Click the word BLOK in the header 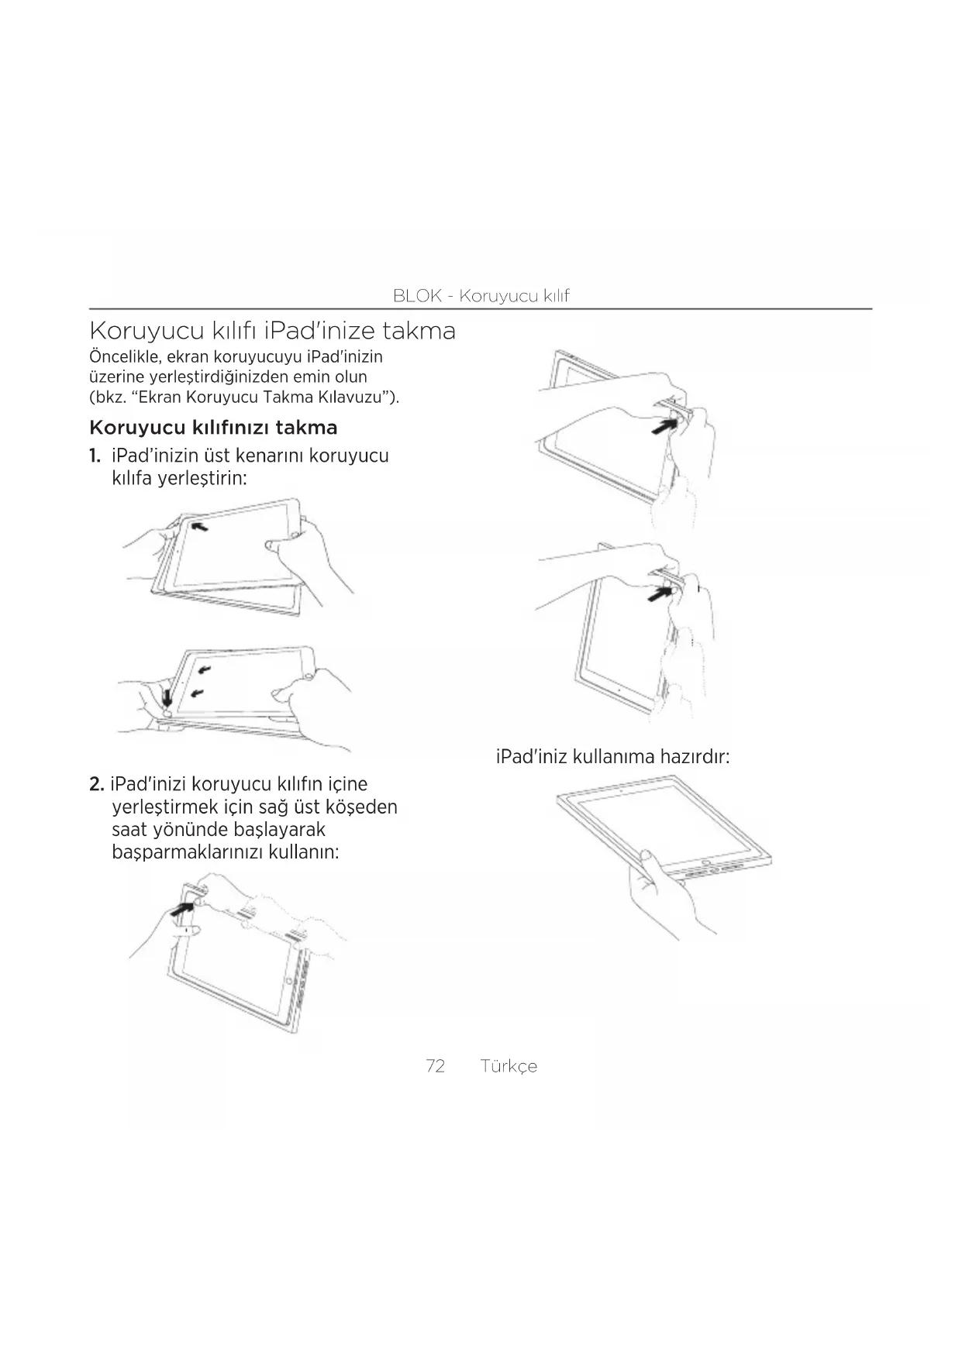coord(417,295)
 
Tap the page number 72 coord(436,1066)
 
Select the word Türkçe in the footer coord(509,1066)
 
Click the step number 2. coord(96,784)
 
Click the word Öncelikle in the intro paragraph coord(125,357)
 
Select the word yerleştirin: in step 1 coord(202,478)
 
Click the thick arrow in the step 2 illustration coord(183,907)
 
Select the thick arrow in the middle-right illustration coord(660,593)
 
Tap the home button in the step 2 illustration coord(288,981)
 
